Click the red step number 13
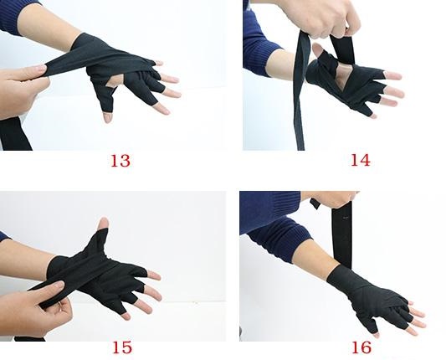coord(120,161)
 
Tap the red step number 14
coord(361,160)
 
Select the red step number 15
coord(122,347)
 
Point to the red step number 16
coord(361,347)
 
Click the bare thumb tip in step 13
coord(107,117)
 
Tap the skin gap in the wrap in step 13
coord(115,81)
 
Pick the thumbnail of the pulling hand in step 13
coord(40,68)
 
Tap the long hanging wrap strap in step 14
coord(300,91)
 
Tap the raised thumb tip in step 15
coord(104,224)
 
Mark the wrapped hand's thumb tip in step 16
coord(375,335)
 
